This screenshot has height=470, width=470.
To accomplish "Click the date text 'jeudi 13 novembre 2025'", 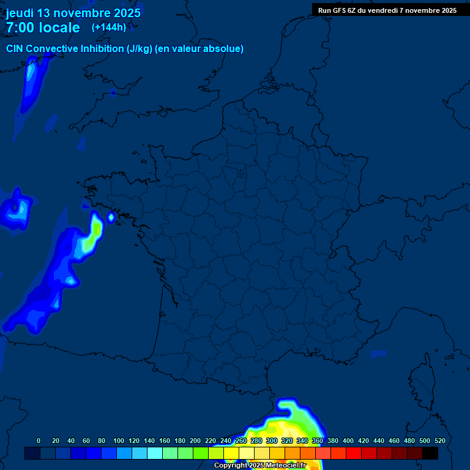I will click(x=73, y=13).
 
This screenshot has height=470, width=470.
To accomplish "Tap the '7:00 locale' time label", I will click(x=43, y=28).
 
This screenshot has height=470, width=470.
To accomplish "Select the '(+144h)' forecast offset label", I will click(x=109, y=27).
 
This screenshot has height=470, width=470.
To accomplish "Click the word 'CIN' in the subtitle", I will click(x=15, y=49).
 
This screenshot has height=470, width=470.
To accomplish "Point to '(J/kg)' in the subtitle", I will click(x=140, y=49).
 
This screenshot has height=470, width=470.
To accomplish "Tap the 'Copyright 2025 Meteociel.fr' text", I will click(x=260, y=465).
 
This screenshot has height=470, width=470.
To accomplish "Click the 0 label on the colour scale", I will click(x=39, y=441).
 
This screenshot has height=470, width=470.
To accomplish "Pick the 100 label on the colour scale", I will click(x=119, y=441).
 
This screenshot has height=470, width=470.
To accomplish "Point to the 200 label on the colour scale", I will click(x=195, y=441).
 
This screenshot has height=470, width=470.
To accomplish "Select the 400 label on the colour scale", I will click(x=348, y=441).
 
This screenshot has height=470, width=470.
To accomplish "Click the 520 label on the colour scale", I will click(x=439, y=441).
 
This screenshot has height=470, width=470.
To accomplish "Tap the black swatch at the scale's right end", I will click(x=430, y=453).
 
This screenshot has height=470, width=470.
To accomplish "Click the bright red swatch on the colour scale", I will click(x=354, y=453).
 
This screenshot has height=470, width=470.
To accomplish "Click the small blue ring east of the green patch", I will click(x=111, y=216).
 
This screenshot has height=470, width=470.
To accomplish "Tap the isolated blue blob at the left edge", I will click(x=16, y=211).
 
